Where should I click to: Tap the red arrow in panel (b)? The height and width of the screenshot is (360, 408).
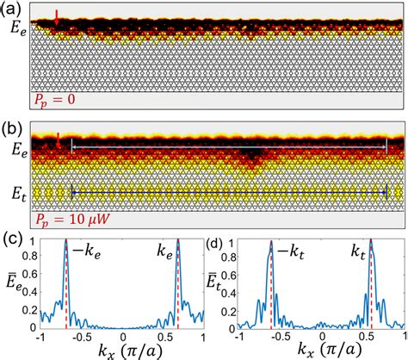[x=58, y=139]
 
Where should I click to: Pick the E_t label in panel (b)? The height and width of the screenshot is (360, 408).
[x=15, y=184]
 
